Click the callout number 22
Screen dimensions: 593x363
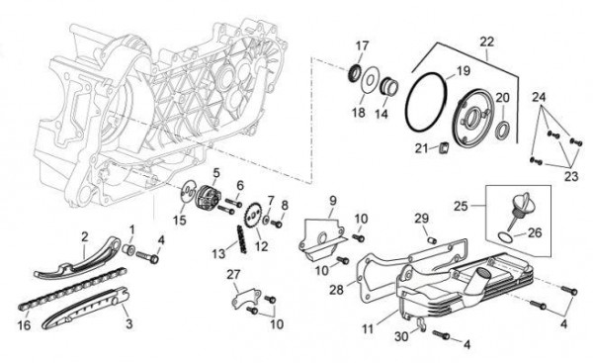(487, 42)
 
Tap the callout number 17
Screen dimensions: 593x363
(362, 45)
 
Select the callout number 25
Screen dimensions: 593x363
(461, 207)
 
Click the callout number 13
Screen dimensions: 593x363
(218, 253)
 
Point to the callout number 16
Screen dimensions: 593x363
(24, 324)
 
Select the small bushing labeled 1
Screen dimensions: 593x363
(129, 250)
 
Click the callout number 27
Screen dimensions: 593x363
(233, 275)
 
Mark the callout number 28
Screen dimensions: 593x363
(336, 290)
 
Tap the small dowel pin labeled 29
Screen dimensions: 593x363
(433, 240)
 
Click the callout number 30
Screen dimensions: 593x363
(402, 335)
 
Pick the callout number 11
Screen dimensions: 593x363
(368, 328)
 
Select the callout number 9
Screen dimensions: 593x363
(332, 201)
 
